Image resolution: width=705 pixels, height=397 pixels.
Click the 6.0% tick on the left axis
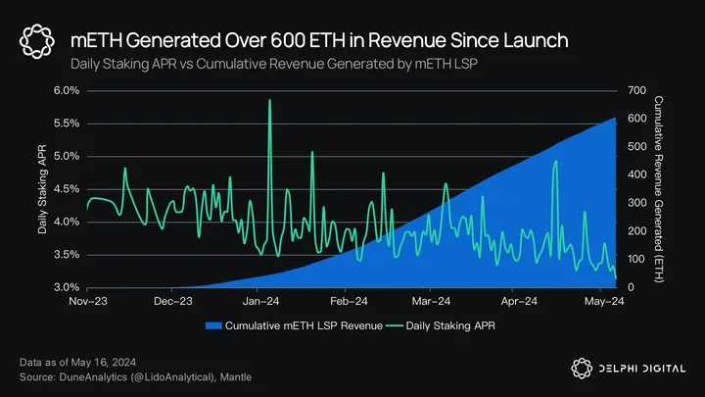click(x=67, y=90)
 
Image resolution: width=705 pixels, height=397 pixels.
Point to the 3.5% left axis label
click(x=67, y=254)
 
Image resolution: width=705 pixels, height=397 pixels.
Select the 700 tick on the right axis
click(x=636, y=90)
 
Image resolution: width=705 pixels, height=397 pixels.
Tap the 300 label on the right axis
click(x=636, y=203)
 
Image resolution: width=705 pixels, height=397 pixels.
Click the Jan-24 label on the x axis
click(x=260, y=301)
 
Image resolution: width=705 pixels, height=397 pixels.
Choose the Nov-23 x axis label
click(x=88, y=301)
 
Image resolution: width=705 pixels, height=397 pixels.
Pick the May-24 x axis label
click(x=604, y=301)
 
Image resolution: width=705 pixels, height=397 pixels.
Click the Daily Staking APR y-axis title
click(x=42, y=189)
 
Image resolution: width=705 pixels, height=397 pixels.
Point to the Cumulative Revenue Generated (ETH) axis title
click(x=658, y=189)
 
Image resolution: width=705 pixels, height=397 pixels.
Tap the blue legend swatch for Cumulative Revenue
click(x=213, y=325)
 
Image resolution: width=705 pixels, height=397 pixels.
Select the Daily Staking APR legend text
click(x=450, y=325)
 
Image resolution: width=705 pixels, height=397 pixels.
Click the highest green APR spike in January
click(x=270, y=100)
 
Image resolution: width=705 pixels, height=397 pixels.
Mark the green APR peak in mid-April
click(x=556, y=161)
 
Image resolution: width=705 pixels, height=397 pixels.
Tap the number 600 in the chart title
click(x=287, y=40)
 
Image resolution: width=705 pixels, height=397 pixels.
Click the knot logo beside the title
click(x=37, y=41)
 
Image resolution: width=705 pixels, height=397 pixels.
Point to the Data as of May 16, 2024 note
click(x=77, y=363)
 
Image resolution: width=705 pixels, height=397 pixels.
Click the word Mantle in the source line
click(x=236, y=377)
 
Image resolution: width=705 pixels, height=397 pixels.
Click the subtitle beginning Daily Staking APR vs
click(x=274, y=64)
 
